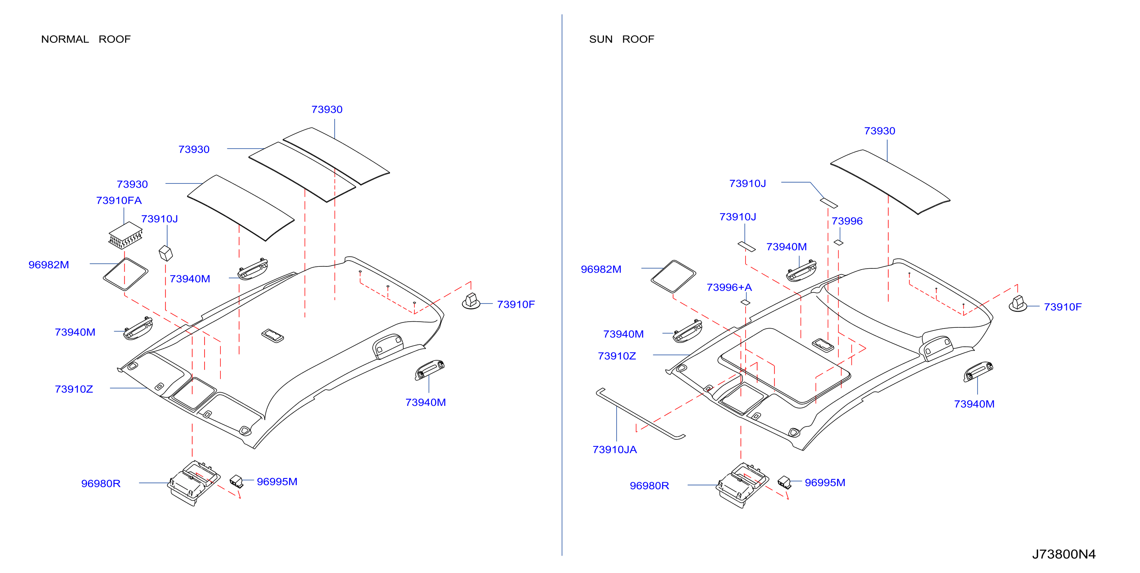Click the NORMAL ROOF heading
tap(86, 39)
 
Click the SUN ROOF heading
tap(621, 39)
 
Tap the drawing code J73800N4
tap(1064, 554)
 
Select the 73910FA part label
tap(118, 201)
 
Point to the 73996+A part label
tap(729, 287)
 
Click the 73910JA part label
tap(615, 449)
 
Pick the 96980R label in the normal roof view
tap(100, 483)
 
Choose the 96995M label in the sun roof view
tap(825, 483)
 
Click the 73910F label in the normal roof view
tap(516, 305)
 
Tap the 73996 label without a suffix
tap(847, 221)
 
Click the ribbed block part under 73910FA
tap(126, 235)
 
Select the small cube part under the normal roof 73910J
tap(166, 253)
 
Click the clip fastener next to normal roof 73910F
tap(471, 301)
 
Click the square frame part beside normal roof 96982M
tap(125, 275)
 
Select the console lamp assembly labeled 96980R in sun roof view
tap(742, 485)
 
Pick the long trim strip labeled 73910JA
tap(640, 414)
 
